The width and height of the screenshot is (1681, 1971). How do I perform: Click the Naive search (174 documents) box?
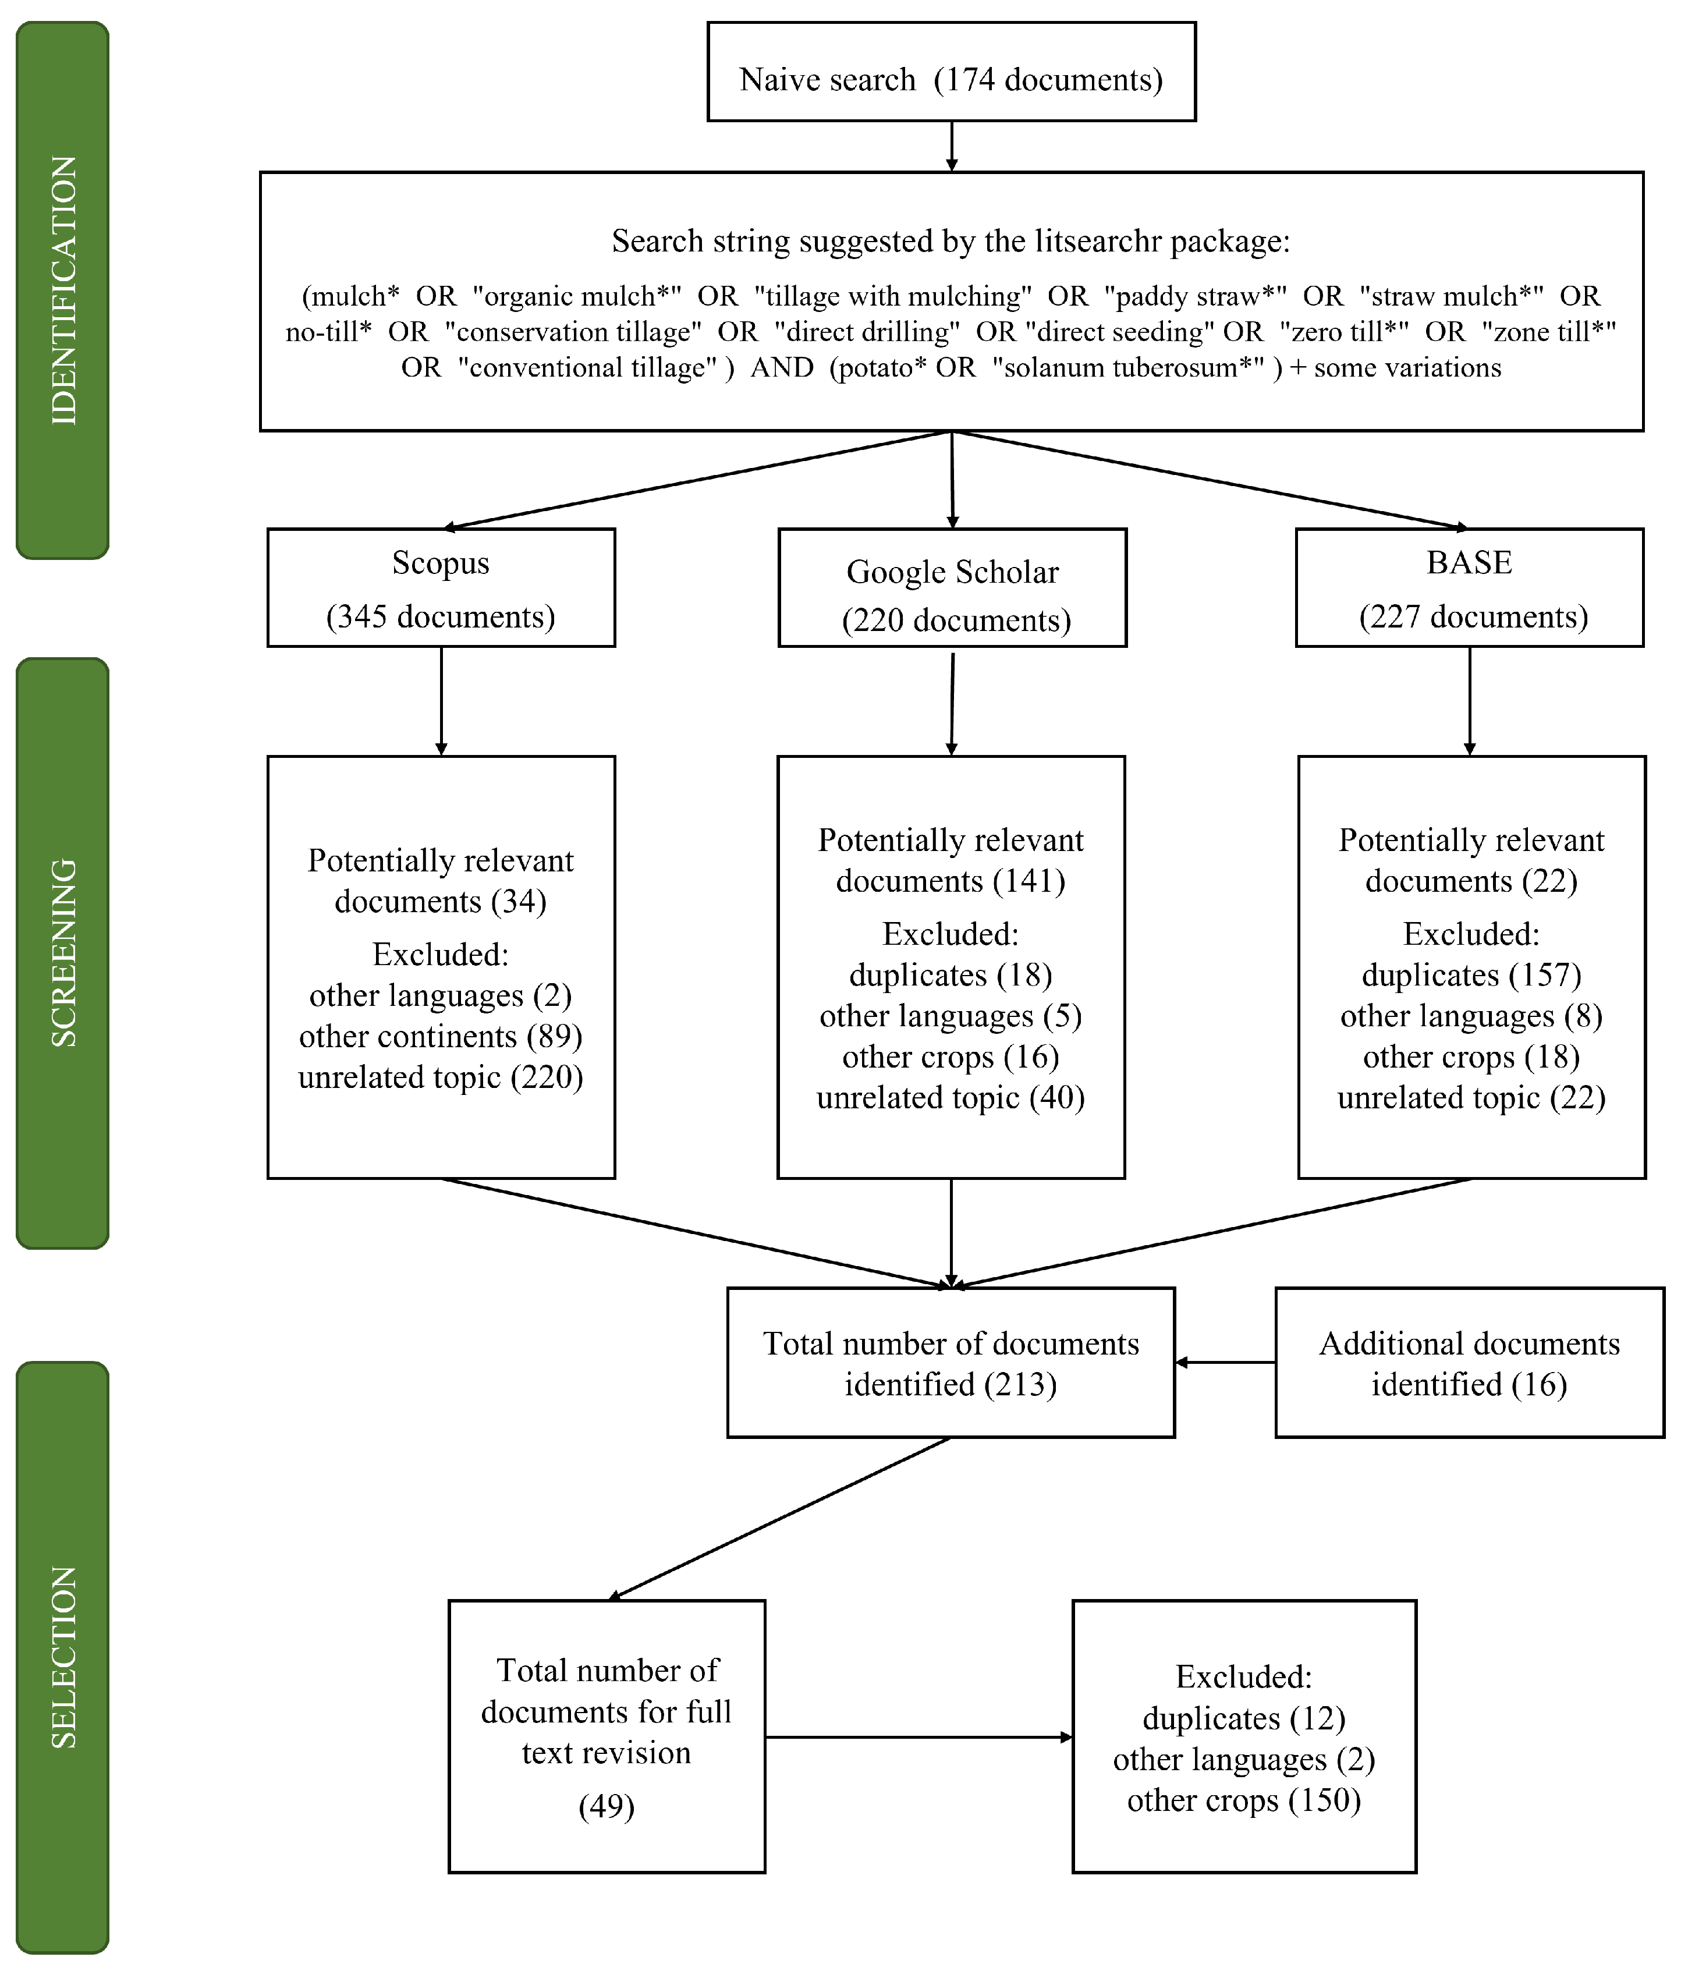tap(951, 72)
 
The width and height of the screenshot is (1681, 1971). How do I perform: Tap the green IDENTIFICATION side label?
tap(63, 290)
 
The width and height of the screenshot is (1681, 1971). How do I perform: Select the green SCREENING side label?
tap(63, 952)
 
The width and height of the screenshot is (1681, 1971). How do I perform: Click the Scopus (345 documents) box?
tap(441, 588)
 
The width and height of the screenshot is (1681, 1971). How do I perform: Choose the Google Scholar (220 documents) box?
tap(952, 588)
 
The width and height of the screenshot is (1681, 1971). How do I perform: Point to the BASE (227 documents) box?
tap(1469, 588)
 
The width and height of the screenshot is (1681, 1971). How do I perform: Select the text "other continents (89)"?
tap(441, 1036)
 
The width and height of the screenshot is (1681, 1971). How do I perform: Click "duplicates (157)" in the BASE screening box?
tap(1471, 975)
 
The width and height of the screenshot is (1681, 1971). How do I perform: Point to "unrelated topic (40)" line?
tap(951, 1098)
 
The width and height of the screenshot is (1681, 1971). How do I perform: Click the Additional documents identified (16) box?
tap(1469, 1363)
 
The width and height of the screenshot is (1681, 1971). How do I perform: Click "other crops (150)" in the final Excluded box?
tap(1243, 1800)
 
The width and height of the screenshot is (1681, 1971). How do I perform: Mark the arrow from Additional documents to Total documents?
tap(1225, 1362)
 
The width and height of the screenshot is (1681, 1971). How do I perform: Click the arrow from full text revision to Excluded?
tap(918, 1737)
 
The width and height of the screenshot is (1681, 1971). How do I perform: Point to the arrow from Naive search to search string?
tap(951, 147)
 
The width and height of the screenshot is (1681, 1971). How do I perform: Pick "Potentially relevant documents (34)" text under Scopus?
tap(441, 881)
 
